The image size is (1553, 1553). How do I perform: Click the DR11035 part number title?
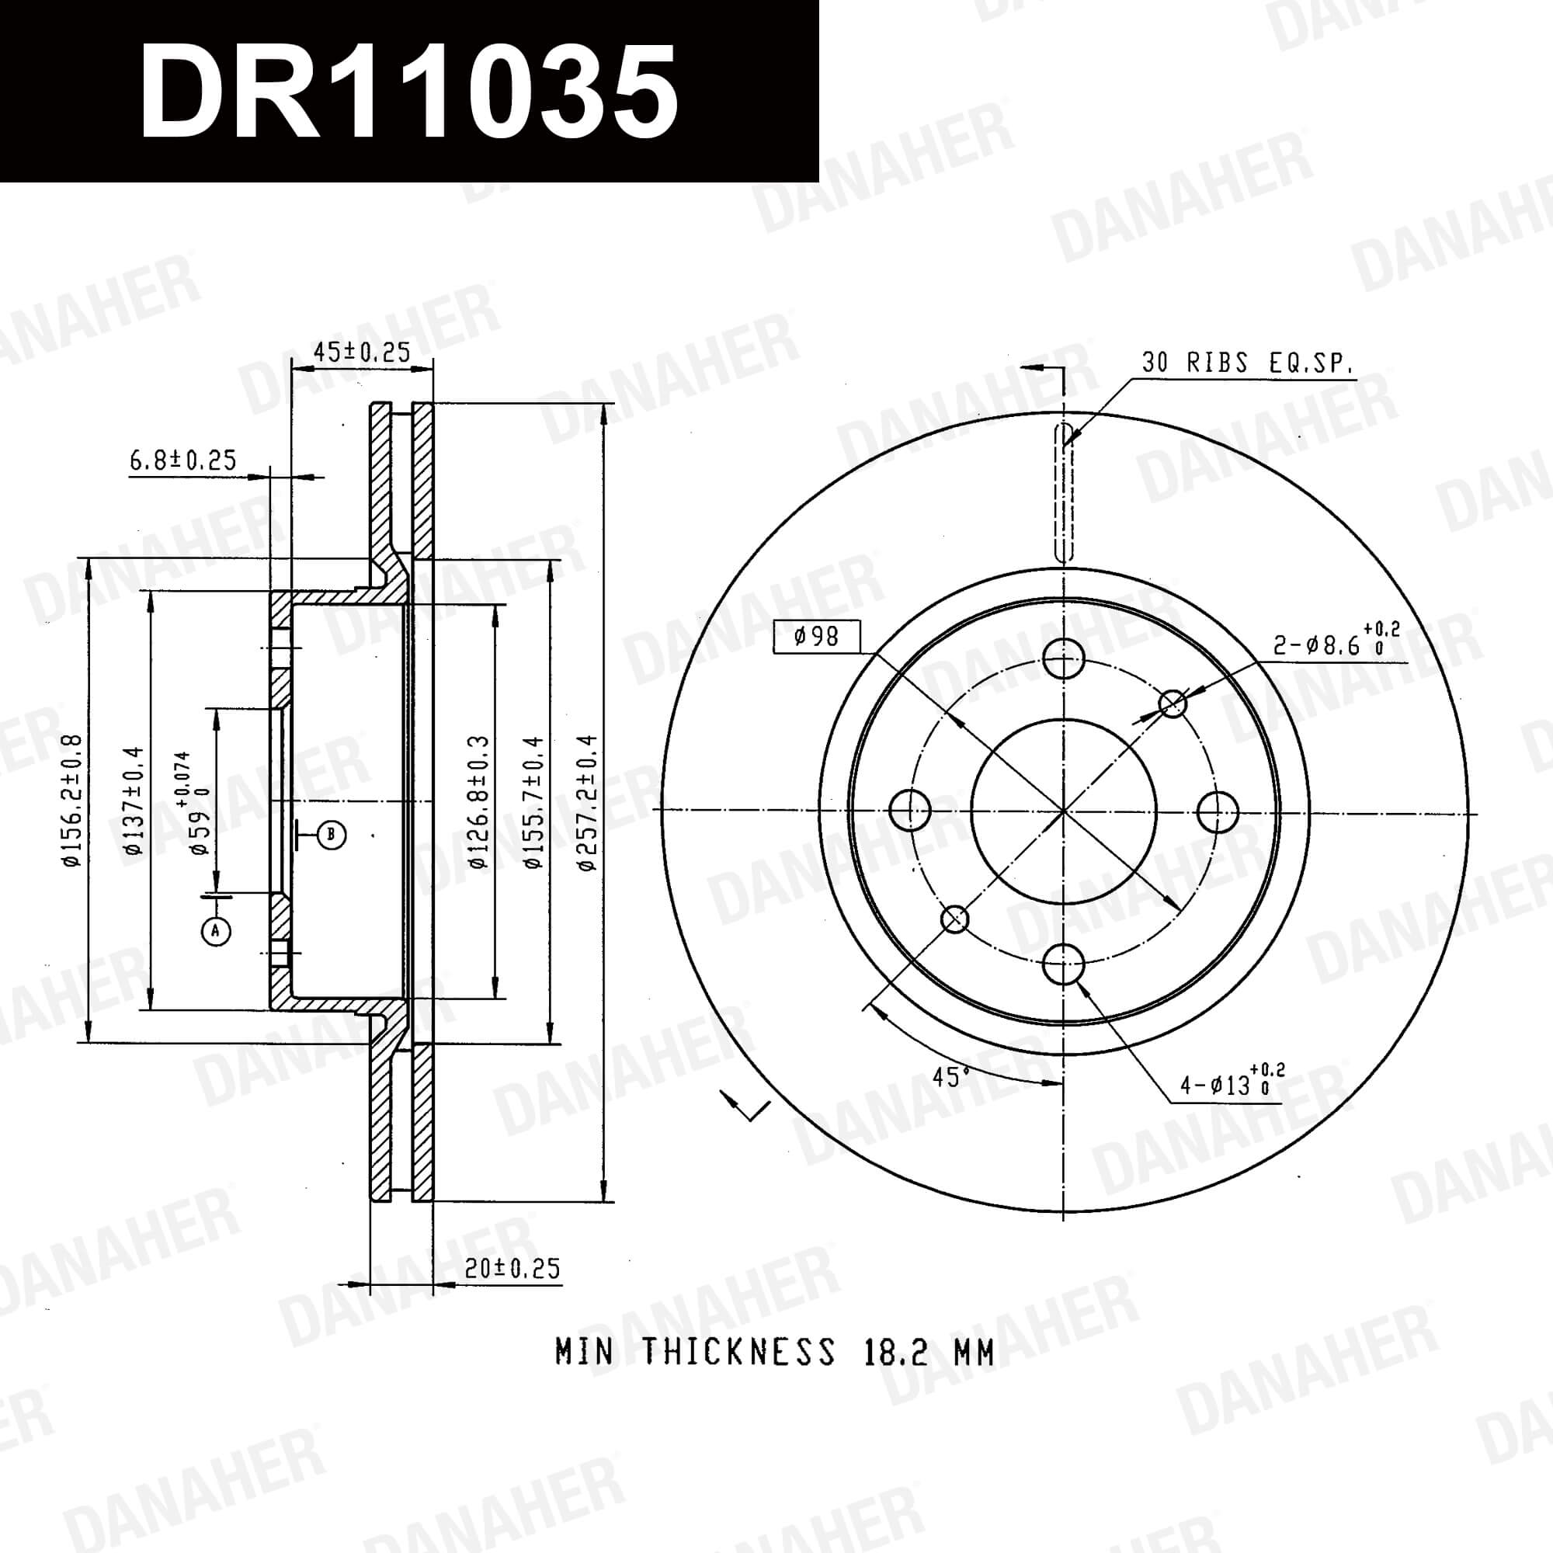pos(408,91)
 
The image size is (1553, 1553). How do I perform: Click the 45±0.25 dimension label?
pos(362,352)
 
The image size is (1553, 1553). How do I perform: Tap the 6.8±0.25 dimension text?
pos(183,460)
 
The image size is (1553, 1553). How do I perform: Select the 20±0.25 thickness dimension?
pos(512,1269)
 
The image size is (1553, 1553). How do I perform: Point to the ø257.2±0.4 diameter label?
pos(588,802)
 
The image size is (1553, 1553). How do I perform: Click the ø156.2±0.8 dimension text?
pos(73,801)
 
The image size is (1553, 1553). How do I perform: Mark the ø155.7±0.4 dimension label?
pos(534,802)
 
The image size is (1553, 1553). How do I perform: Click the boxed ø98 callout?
pos(817,637)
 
